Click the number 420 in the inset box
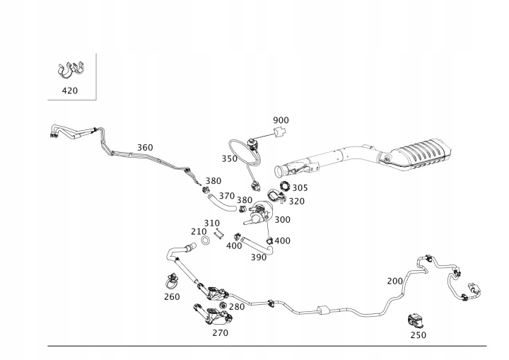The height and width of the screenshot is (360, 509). (70, 91)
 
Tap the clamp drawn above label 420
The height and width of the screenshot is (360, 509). (70, 70)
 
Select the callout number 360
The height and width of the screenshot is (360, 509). (144, 148)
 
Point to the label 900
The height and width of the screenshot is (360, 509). (281, 120)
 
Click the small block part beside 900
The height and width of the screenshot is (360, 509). (281, 134)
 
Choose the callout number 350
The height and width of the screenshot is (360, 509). (230, 159)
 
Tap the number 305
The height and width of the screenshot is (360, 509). (300, 188)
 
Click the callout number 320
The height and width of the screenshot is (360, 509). (297, 201)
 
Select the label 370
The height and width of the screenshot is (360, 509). (226, 196)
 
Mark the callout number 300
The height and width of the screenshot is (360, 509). (282, 220)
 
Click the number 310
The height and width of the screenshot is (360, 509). (212, 223)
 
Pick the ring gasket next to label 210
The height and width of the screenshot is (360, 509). (204, 241)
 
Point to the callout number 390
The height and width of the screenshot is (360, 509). (259, 257)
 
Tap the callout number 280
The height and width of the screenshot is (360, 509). (237, 307)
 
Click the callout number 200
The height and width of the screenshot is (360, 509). (395, 281)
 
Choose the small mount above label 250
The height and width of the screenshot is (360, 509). (417, 320)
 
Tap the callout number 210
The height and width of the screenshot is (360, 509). (199, 231)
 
